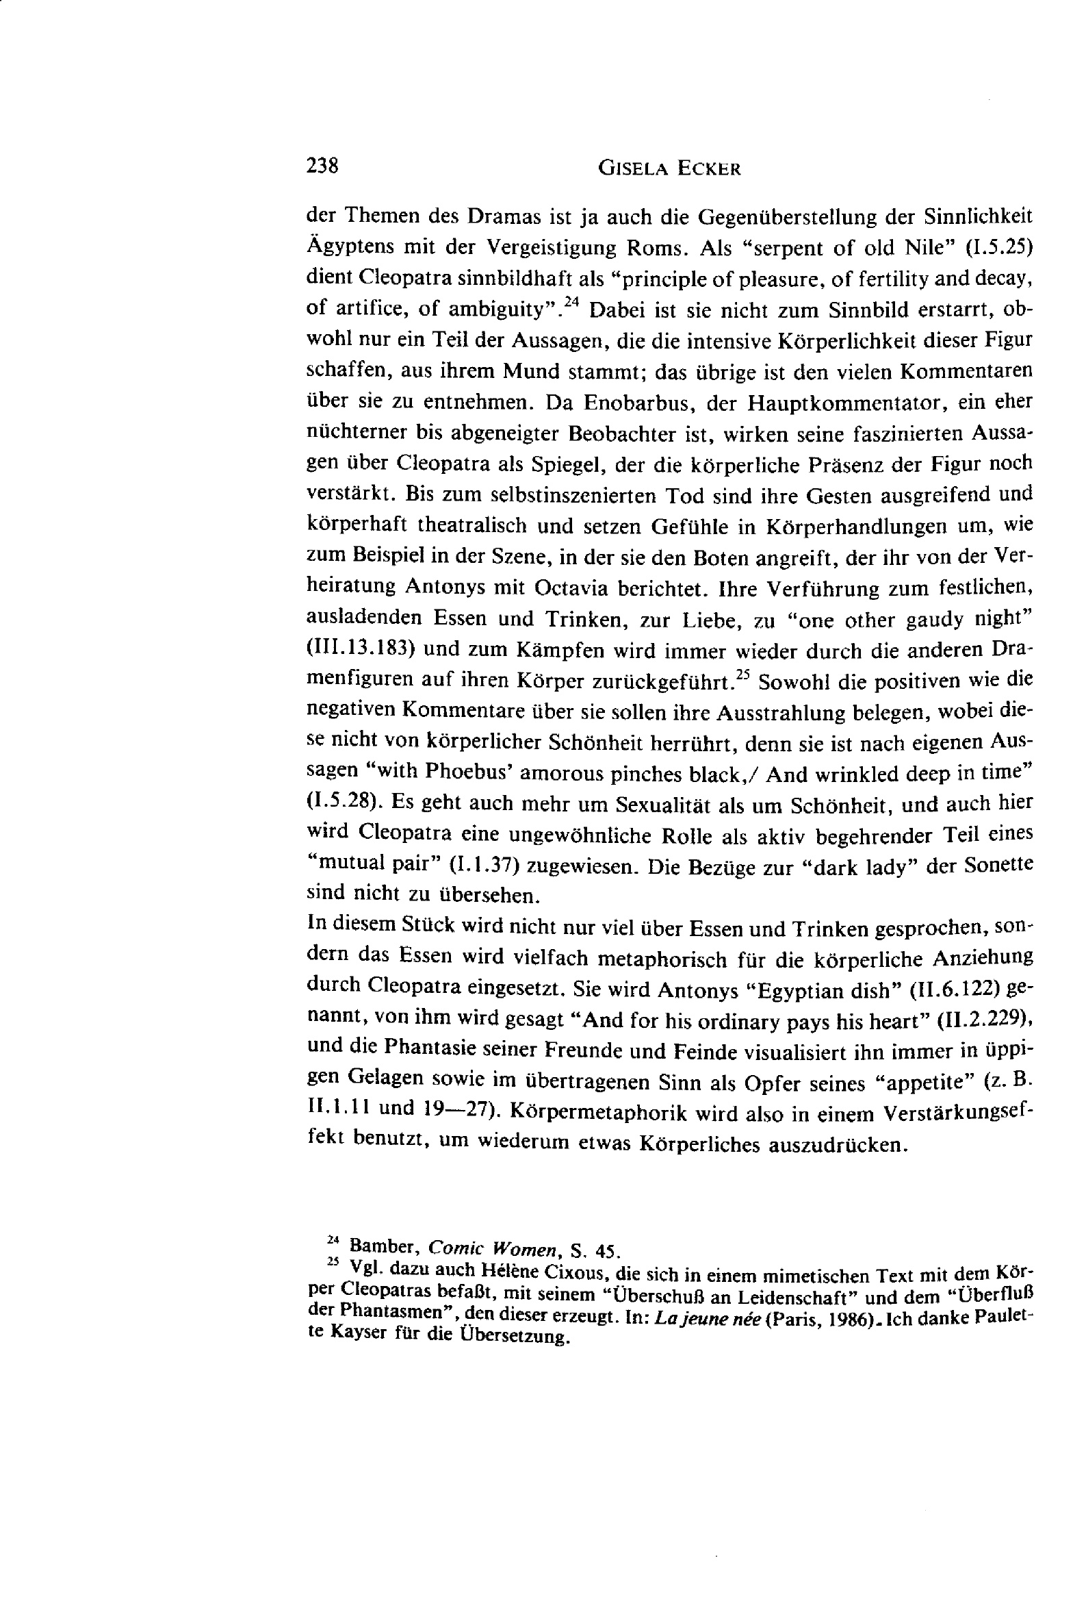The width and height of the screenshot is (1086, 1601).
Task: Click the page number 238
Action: pyautogui.click(x=322, y=166)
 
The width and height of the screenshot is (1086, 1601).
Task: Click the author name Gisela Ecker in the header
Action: pyautogui.click(x=669, y=168)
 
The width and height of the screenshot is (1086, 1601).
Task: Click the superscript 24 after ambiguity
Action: pyautogui.click(x=573, y=301)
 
